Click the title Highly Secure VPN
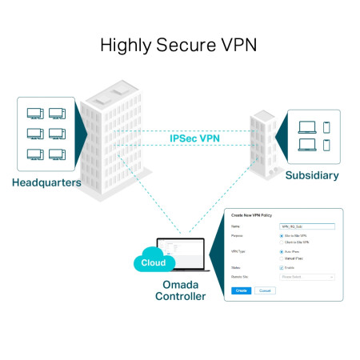pyautogui.click(x=179, y=45)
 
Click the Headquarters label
pyautogui.click(x=46, y=182)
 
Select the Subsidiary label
pyautogui.click(x=312, y=175)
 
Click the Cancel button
pyautogui.click(x=265, y=290)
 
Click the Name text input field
pyautogui.click(x=306, y=226)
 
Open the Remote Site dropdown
pyautogui.click(x=306, y=277)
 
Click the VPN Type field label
pyautogui.click(x=239, y=252)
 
